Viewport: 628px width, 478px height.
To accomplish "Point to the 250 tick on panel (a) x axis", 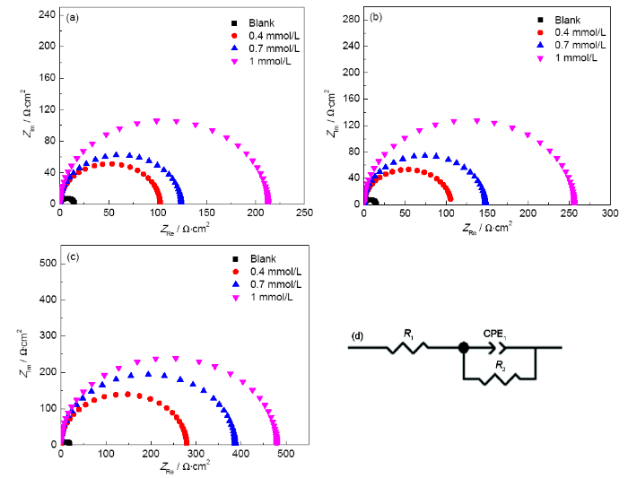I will click(x=305, y=214).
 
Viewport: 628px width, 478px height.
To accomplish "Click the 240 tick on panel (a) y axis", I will click(x=41, y=15).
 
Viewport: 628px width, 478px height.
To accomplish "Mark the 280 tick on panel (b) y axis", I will click(x=351, y=18).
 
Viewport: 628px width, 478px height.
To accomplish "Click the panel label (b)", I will click(x=377, y=16).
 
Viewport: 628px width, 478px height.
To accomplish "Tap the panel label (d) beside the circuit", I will click(x=357, y=337).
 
